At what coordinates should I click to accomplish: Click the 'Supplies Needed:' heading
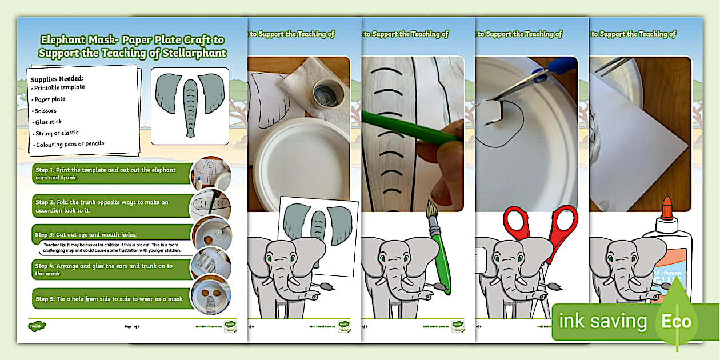click(x=57, y=78)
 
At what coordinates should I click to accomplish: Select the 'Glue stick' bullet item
click(x=49, y=122)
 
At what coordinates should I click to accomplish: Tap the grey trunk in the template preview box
click(x=189, y=106)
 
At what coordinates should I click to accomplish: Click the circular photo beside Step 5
click(x=211, y=296)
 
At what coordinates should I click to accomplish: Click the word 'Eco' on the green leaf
click(x=677, y=321)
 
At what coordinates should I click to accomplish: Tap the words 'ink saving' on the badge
click(x=603, y=321)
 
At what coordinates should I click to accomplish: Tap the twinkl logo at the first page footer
click(x=37, y=326)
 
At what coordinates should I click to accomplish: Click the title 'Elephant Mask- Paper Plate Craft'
click(x=132, y=40)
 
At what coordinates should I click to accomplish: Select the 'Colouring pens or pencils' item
click(x=70, y=144)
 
